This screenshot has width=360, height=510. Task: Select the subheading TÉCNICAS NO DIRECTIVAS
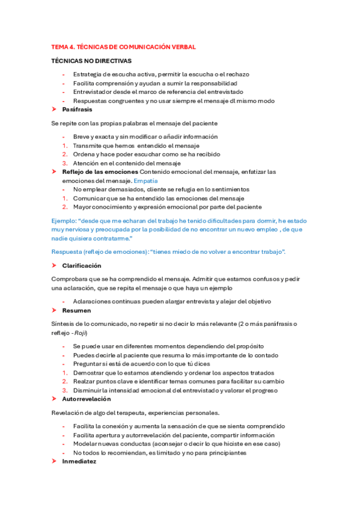(92, 61)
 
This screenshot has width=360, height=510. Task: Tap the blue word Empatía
(145, 180)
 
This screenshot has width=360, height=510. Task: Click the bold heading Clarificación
(82, 265)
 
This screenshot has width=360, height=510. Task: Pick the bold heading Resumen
(76, 310)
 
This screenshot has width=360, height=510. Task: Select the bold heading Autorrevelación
(87, 399)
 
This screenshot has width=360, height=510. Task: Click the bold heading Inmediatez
(79, 462)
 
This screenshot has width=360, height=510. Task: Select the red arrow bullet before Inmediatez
(55, 462)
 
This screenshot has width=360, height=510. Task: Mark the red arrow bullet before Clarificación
(55, 265)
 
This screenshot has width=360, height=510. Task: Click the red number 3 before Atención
(64, 163)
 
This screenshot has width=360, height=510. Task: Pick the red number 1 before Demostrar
(64, 372)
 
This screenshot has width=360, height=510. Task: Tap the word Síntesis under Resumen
(64, 324)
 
